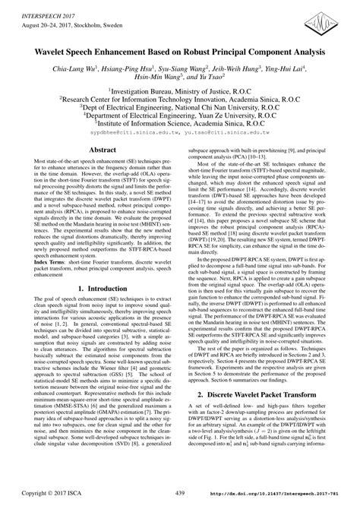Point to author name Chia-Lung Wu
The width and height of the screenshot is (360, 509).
point(74,70)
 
